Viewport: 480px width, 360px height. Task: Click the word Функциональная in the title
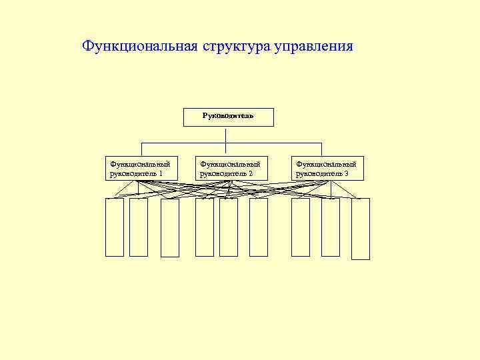[137, 47]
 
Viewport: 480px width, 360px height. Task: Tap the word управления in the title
[313, 47]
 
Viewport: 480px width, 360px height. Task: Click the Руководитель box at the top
[228, 116]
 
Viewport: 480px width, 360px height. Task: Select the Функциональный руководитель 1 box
[141, 169]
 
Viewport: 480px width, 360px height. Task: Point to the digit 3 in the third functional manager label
[346, 173]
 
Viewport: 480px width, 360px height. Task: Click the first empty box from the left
[115, 227]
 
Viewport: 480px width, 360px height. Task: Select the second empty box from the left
[139, 227]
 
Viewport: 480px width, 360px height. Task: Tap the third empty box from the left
[170, 228]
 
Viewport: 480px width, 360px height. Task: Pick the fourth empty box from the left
[205, 227]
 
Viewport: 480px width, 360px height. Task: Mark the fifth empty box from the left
[229, 227]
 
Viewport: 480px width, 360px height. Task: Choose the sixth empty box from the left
[259, 227]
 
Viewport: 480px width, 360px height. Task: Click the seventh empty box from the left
[301, 227]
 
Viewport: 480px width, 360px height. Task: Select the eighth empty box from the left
[331, 227]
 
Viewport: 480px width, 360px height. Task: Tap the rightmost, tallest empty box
[361, 229]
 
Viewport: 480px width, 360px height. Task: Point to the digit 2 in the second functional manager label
[251, 173]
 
